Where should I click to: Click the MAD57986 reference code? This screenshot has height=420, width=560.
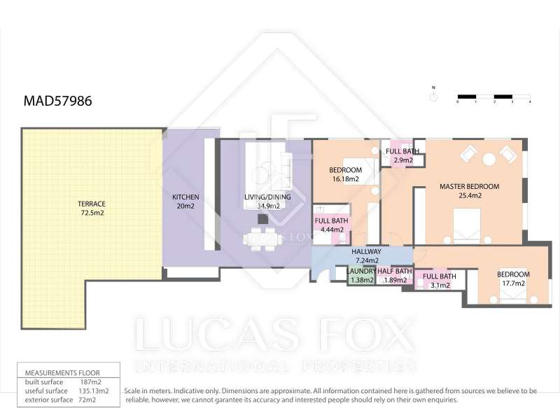57,101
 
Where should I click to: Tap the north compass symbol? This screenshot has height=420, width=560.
433,94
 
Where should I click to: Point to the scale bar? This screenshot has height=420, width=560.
494,97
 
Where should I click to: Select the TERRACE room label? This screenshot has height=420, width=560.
92,204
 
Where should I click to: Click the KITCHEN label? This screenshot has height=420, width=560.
185,197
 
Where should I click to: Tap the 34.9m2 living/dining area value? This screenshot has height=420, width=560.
269,206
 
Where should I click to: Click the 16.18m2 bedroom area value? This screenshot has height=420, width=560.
346,179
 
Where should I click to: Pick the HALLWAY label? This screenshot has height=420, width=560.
366,252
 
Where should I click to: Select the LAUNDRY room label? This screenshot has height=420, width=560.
361,272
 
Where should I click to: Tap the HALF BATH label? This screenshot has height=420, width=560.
395,272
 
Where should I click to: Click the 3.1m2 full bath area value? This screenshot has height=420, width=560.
440,286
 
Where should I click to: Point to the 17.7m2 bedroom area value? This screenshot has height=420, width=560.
514,283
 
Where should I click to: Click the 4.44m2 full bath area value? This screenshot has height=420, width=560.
332,230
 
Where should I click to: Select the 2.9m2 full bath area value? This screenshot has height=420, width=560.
403,160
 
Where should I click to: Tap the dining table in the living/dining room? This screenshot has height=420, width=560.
263,239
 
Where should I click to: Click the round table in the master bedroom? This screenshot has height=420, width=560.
489,159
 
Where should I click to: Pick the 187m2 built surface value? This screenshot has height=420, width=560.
90,382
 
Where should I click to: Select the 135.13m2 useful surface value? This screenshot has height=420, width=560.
94,391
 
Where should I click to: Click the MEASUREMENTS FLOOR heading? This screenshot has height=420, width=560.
62,373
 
